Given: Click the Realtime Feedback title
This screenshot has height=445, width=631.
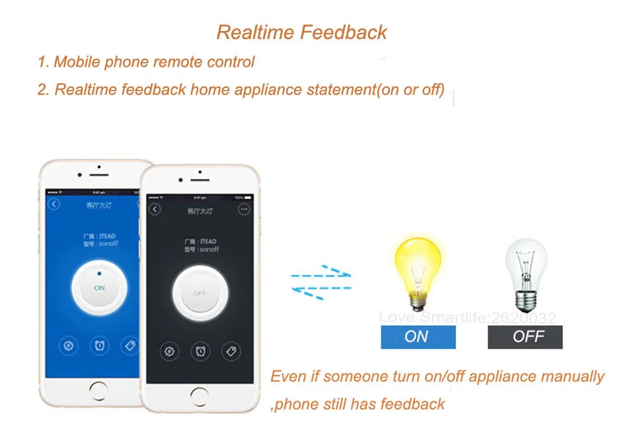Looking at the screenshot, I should coord(302,32).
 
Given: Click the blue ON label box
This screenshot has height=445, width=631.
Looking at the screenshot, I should coord(418,337).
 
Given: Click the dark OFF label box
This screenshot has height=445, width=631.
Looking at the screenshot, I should coord(525,337).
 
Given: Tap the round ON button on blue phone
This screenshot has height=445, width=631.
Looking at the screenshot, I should coord(99,287).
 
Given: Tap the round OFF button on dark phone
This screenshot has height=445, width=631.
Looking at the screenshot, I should coord(200,292).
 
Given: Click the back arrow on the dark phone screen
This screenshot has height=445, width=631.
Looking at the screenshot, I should coord(155,210).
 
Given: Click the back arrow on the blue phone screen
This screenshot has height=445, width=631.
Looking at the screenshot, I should coord(54,204).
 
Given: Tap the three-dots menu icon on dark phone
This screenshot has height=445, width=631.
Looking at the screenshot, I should coord(244,210).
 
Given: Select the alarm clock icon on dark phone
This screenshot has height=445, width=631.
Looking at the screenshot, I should coord(200,350).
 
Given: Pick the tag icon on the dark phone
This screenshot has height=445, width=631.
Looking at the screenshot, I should coord(231,350).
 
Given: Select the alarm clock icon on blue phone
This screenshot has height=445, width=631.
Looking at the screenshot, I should coord(99,344).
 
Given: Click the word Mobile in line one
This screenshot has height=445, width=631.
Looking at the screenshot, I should coord(75,62).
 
